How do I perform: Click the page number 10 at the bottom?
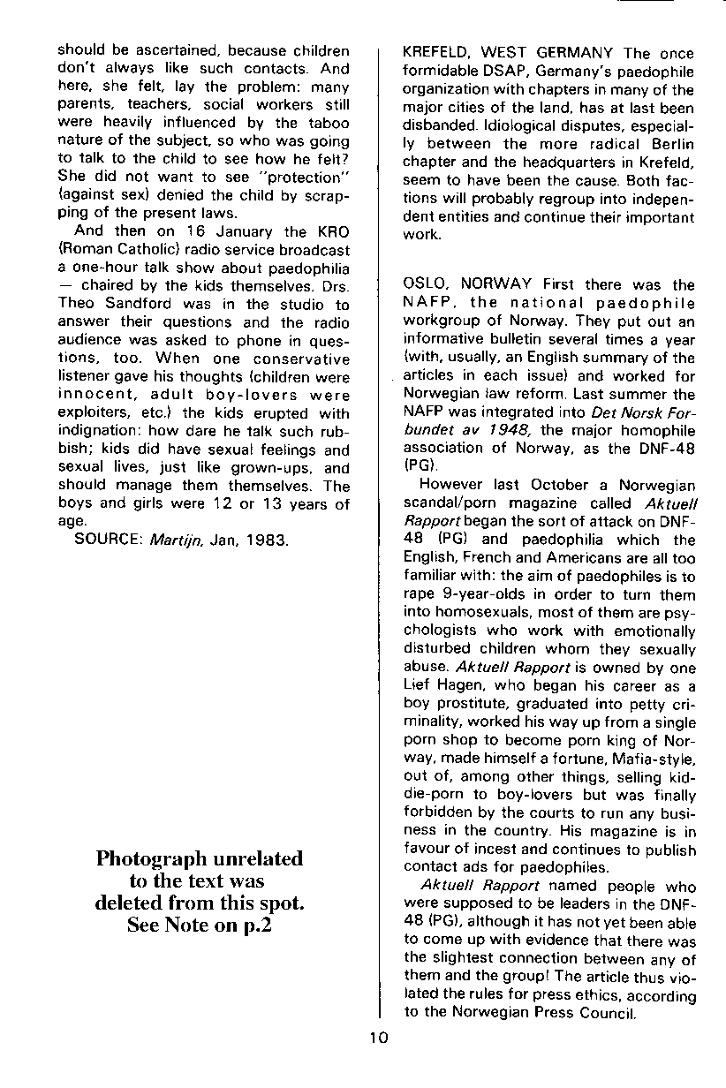tap(379, 1038)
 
